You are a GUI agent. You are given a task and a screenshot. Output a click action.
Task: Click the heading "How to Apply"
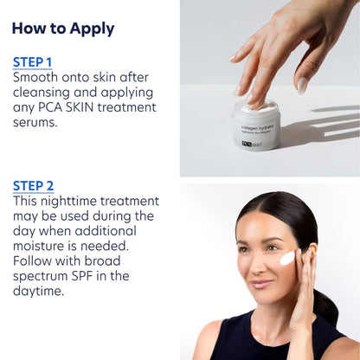[x=63, y=29]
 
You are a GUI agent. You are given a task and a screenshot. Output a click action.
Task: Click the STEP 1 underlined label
[x=33, y=62]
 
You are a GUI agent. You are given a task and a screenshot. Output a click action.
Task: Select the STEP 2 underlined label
[x=34, y=185]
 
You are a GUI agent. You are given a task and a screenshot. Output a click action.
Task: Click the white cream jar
[x=256, y=125]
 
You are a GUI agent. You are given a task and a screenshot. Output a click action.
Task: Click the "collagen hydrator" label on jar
[x=256, y=128]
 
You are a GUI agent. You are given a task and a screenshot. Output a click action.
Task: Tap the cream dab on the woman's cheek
[x=287, y=258]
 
